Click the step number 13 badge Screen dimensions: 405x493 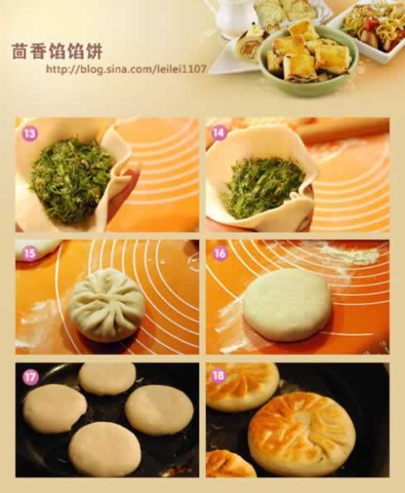(x=30, y=133)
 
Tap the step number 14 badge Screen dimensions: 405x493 (x=219, y=132)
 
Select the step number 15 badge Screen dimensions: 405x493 (x=30, y=253)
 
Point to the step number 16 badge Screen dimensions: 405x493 (x=220, y=253)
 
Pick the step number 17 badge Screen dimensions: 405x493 (x=30, y=376)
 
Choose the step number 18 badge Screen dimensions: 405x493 (x=218, y=376)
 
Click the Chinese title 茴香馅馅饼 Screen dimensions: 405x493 (x=57, y=51)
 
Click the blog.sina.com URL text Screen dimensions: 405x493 (x=126, y=69)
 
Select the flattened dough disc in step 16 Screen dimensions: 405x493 (x=287, y=304)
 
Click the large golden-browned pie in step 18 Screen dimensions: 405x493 (x=302, y=433)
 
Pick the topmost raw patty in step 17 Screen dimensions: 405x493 (x=107, y=379)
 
